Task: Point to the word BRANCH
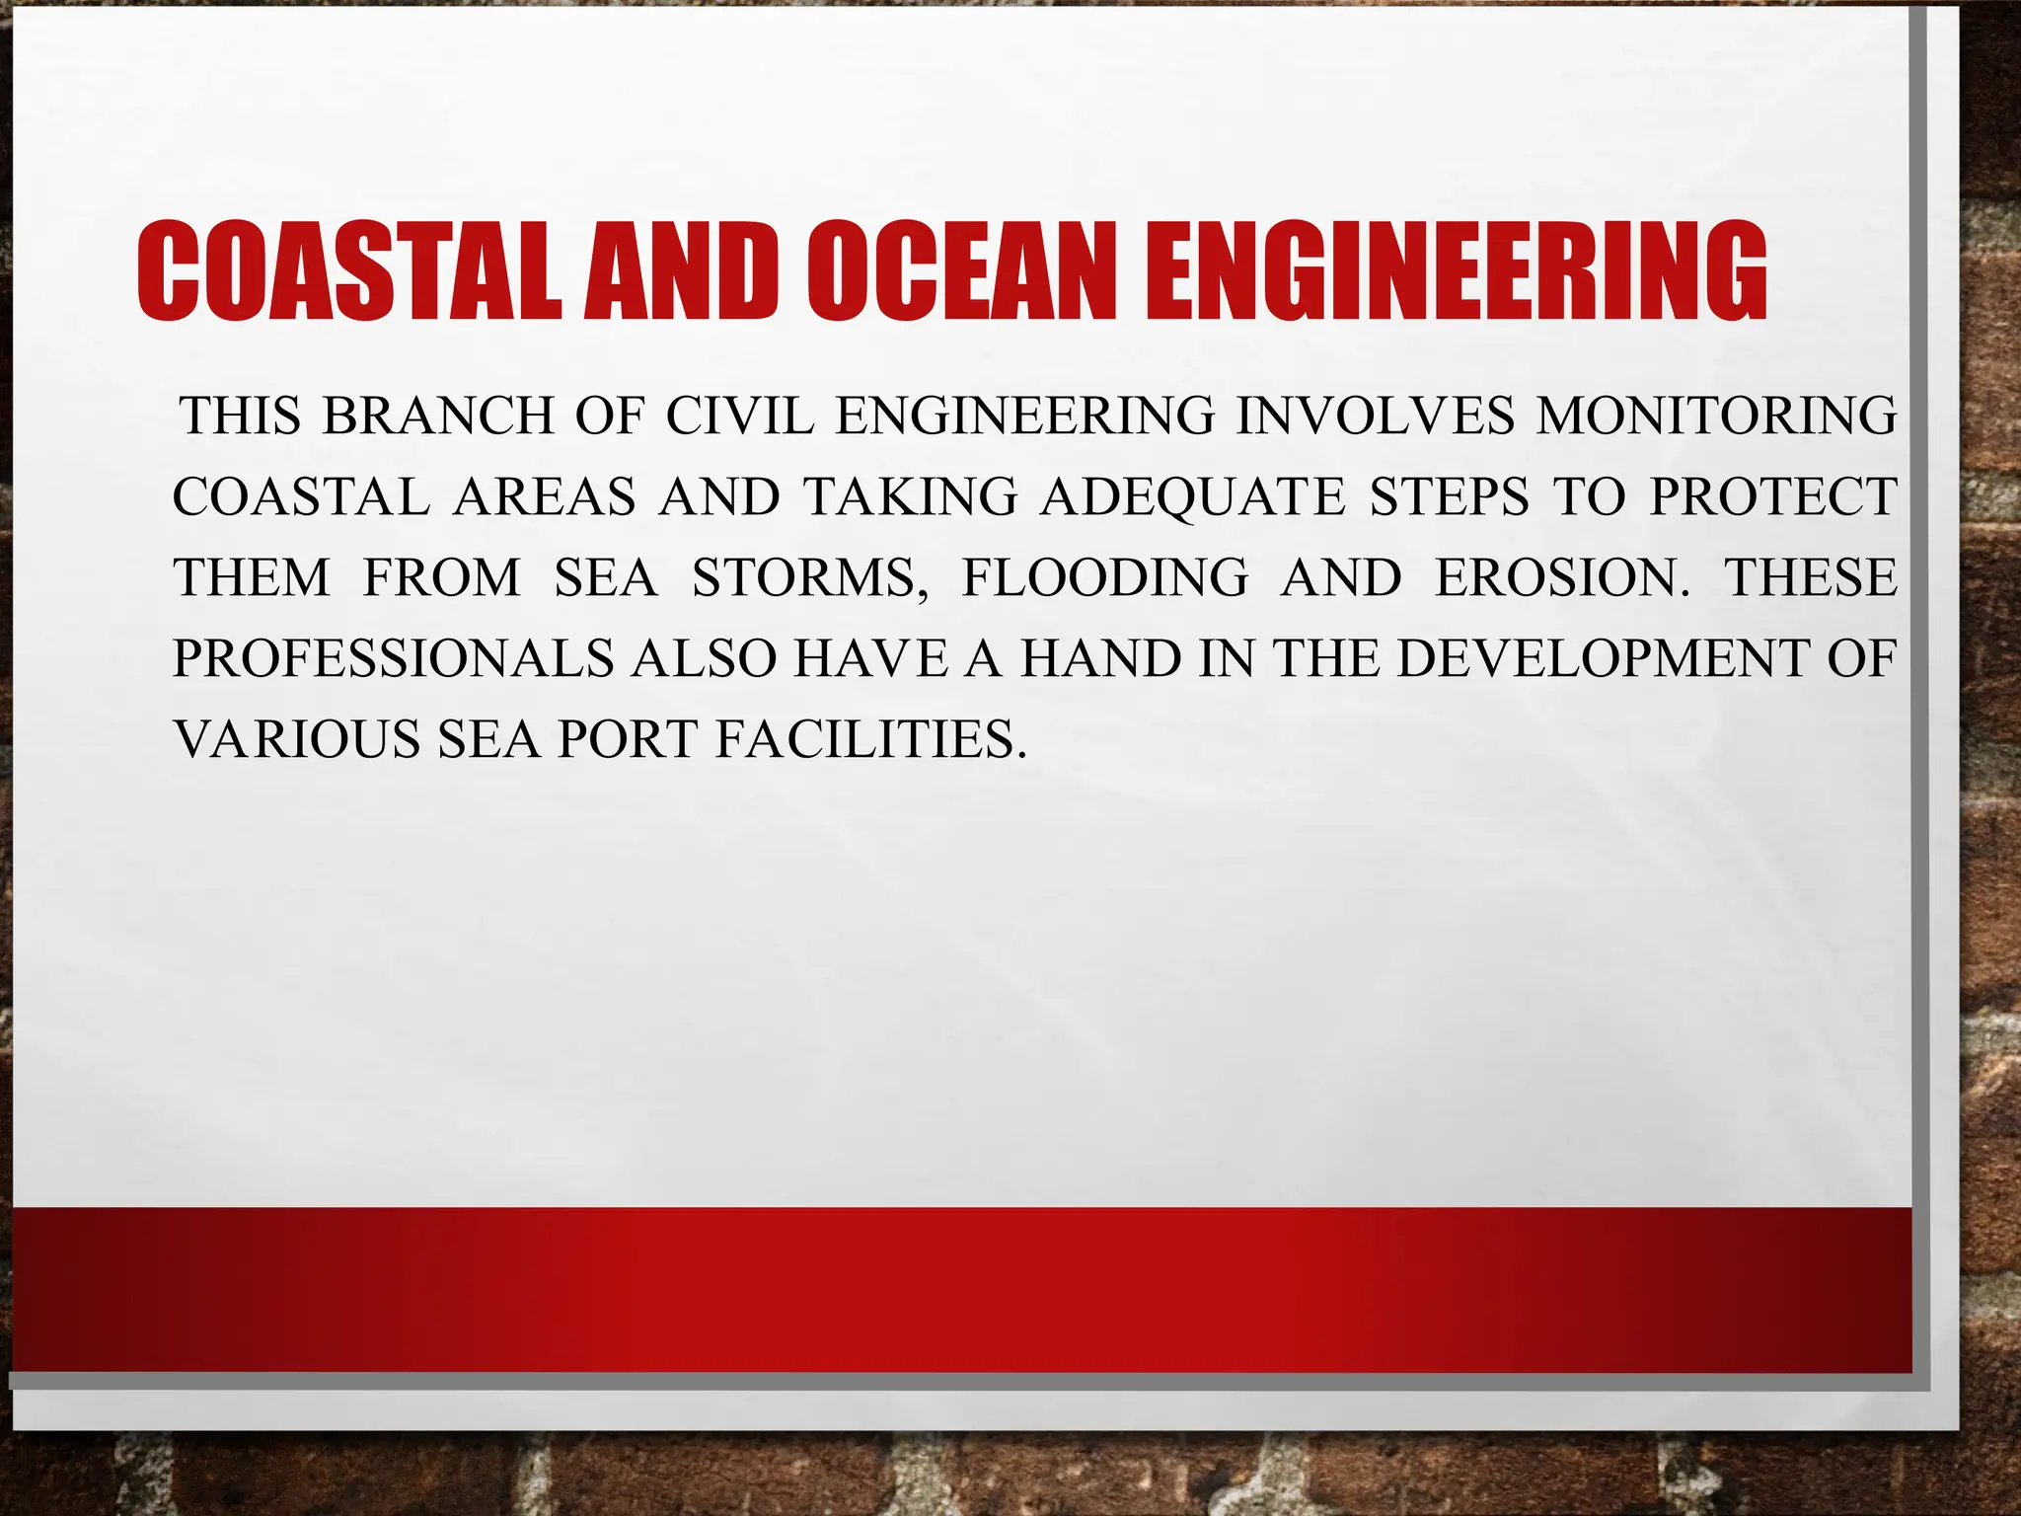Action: click(x=438, y=416)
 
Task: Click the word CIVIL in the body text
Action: click(x=740, y=416)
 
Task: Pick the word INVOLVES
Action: click(x=1375, y=416)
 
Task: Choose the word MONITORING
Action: click(x=1716, y=416)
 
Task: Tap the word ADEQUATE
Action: click(x=1193, y=496)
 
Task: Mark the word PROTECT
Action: click(x=1772, y=496)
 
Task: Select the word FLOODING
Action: click(x=1105, y=577)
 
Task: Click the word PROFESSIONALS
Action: click(x=393, y=658)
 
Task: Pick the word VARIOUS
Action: click(x=297, y=739)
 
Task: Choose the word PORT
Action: click(x=629, y=739)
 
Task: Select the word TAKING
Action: click(x=909, y=496)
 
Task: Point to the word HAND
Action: click(x=1100, y=658)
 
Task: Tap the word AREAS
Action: click(x=545, y=496)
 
